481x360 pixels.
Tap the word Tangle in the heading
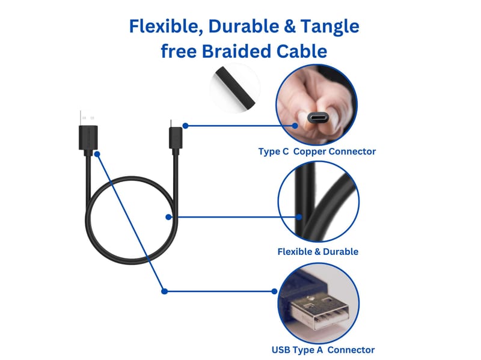click(329, 27)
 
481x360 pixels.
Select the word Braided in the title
click(237, 51)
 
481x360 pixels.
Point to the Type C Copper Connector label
click(317, 151)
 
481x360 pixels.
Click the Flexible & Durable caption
click(318, 252)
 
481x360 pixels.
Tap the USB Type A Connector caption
click(323, 350)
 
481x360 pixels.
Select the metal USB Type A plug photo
click(319, 304)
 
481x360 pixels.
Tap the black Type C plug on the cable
click(176, 138)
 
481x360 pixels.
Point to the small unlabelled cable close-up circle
click(235, 88)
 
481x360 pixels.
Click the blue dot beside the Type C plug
click(185, 126)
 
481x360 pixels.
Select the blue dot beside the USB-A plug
click(97, 154)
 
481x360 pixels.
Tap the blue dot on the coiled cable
click(168, 217)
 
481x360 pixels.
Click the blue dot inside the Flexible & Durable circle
click(299, 217)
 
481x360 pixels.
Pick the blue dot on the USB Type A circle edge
click(274, 291)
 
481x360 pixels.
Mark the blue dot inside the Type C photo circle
click(295, 126)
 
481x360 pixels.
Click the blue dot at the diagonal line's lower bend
click(164, 291)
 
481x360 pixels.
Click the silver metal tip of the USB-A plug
click(87, 118)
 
